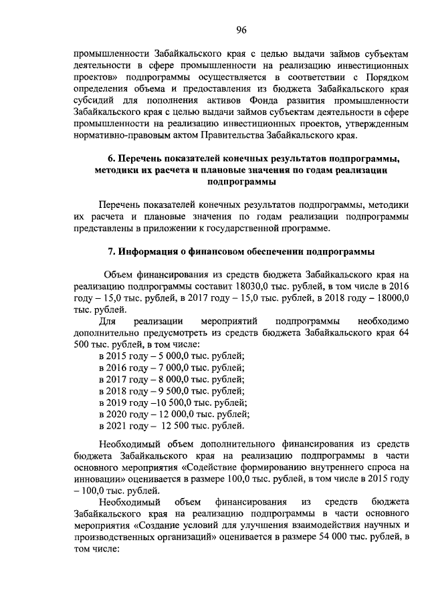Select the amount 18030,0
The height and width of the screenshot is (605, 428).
[247, 285]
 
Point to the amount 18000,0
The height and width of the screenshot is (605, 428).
[391, 297]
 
